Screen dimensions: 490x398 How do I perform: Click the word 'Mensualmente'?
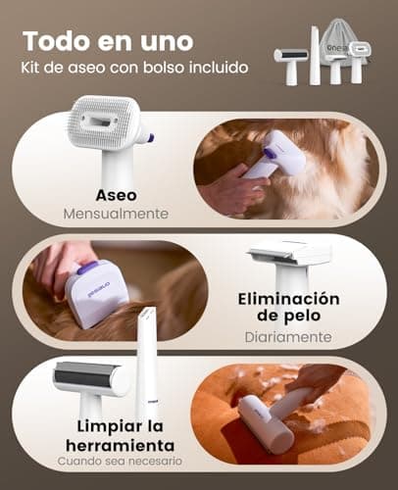click(117, 213)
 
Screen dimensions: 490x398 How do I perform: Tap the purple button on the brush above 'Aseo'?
click(148, 138)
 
